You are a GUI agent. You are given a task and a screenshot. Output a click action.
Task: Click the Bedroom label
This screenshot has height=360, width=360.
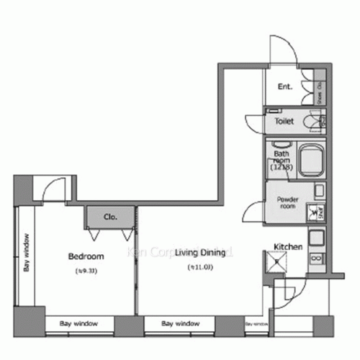point(86,256)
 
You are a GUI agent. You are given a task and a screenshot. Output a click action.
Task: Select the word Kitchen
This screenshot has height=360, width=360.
point(287,247)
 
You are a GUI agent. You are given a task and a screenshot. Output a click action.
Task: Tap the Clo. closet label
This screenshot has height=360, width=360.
point(110,216)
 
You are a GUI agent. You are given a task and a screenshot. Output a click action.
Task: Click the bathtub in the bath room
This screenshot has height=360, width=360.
point(310,159)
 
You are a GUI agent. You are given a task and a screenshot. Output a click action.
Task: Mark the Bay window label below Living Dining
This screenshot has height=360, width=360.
point(180,323)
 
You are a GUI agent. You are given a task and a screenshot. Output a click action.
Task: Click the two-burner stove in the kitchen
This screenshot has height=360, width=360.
point(315,257)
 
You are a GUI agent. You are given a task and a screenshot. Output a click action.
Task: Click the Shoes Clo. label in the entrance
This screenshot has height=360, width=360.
point(318,93)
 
